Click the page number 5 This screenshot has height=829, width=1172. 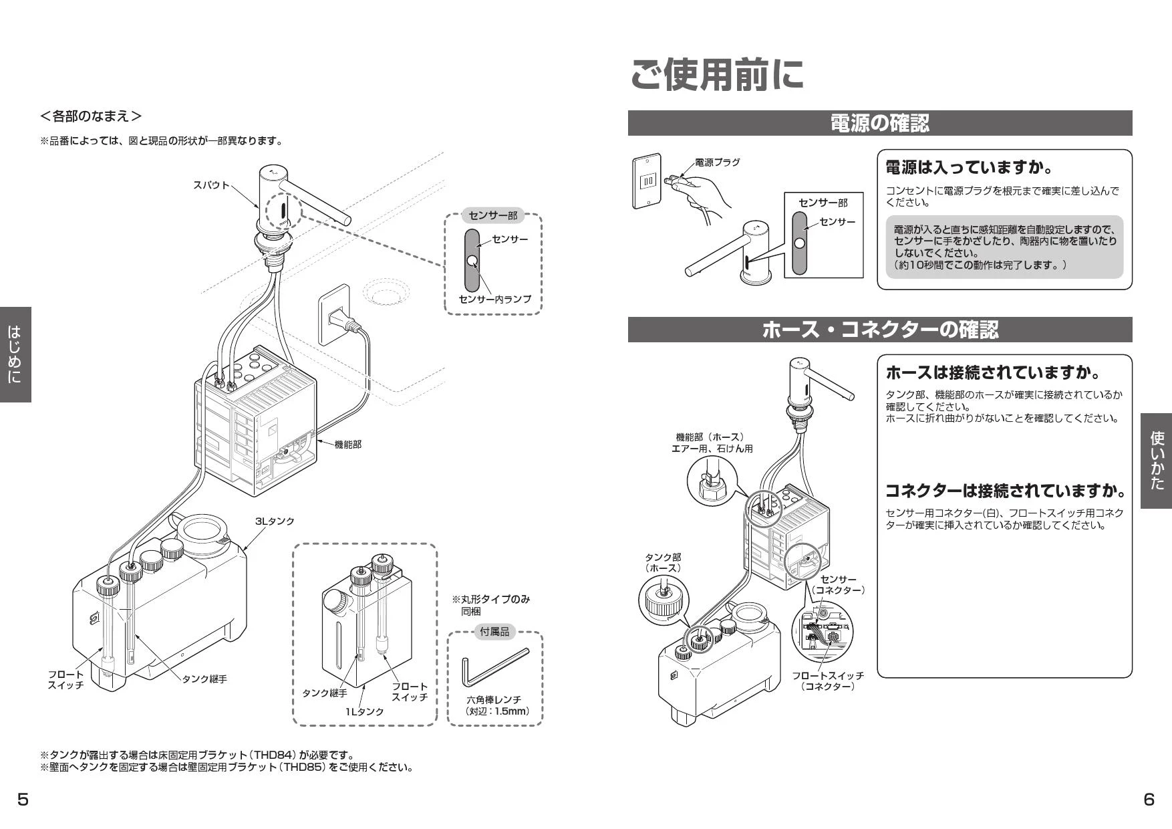pyautogui.click(x=23, y=800)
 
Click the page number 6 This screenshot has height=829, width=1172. pyautogui.click(x=1149, y=800)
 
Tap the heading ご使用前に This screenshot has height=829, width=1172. pyautogui.click(x=717, y=74)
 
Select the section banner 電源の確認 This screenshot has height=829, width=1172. pyautogui.click(x=879, y=123)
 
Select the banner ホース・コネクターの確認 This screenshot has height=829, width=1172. pyautogui.click(x=879, y=330)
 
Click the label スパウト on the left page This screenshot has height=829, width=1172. pyautogui.click(x=211, y=185)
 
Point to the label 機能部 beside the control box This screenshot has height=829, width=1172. pyautogui.click(x=347, y=444)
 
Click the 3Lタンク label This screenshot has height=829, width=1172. pyautogui.click(x=274, y=521)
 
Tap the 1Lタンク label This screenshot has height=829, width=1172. pyautogui.click(x=364, y=711)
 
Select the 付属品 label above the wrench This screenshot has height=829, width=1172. pyautogui.click(x=494, y=631)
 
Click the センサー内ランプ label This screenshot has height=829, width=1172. pyautogui.click(x=494, y=299)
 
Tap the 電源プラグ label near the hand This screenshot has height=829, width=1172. pyautogui.click(x=717, y=162)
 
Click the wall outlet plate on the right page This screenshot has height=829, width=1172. pyautogui.click(x=647, y=181)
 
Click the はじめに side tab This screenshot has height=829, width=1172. pyautogui.click(x=15, y=354)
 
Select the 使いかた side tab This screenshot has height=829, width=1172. pyautogui.click(x=1156, y=461)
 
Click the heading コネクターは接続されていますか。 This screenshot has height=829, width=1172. pyautogui.click(x=1004, y=491)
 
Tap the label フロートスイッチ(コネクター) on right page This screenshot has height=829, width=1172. pyautogui.click(x=828, y=681)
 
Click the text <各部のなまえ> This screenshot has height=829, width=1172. pyautogui.click(x=91, y=116)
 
